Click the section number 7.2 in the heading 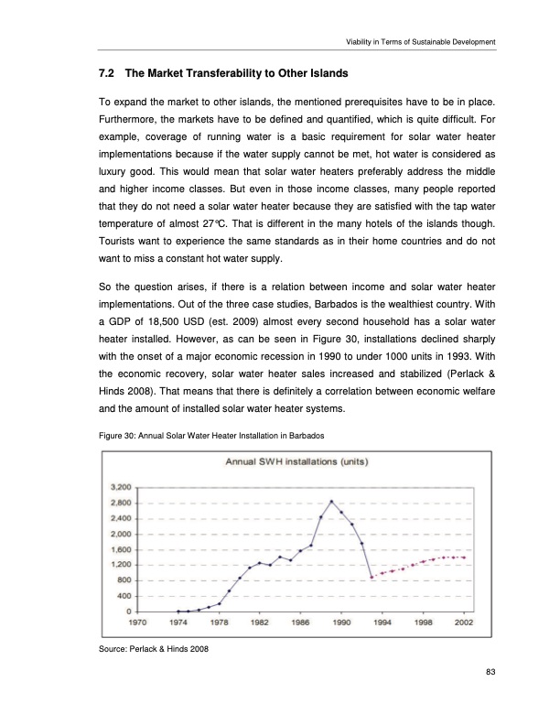click(107, 72)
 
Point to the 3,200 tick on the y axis click(119, 487)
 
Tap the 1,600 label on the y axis click(119, 549)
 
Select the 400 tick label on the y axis click(124, 596)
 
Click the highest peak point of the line click(331, 502)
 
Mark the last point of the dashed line click(464, 557)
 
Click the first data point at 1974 click(178, 611)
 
